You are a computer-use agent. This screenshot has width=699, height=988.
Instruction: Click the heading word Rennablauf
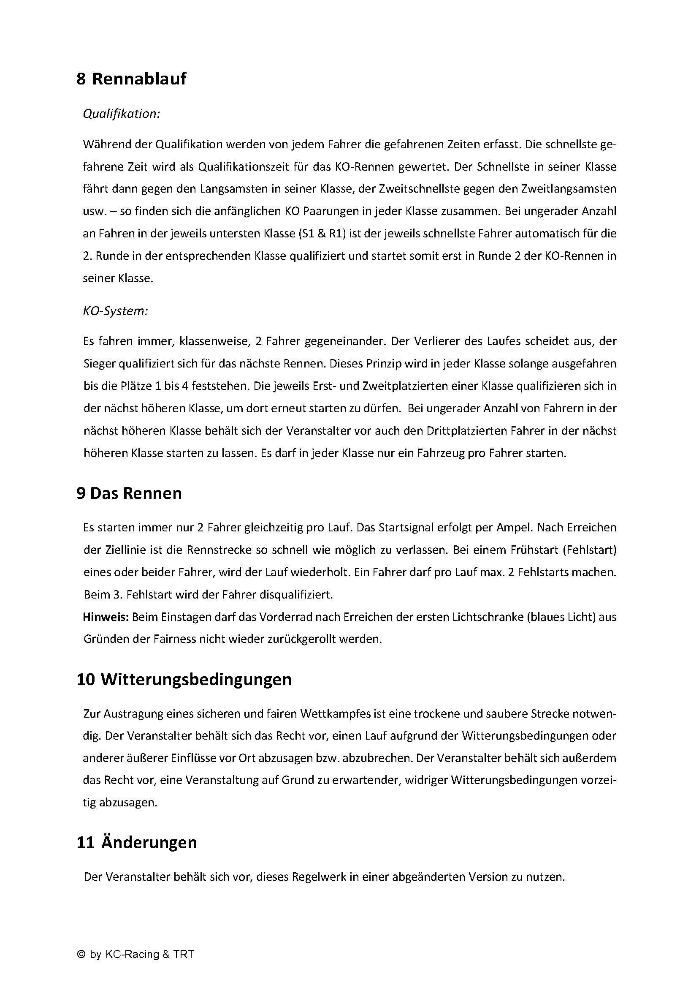139,79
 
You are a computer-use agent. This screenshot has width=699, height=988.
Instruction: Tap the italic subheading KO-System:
115,311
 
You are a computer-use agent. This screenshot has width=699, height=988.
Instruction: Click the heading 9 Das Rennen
129,493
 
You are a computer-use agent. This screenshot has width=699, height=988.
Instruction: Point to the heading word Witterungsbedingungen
196,679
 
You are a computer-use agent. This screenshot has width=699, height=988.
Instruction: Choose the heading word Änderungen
149,842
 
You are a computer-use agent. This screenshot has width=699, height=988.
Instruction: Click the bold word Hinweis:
106,617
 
